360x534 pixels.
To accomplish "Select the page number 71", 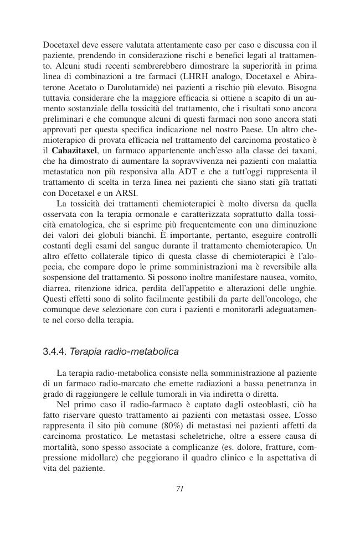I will (179, 488).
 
